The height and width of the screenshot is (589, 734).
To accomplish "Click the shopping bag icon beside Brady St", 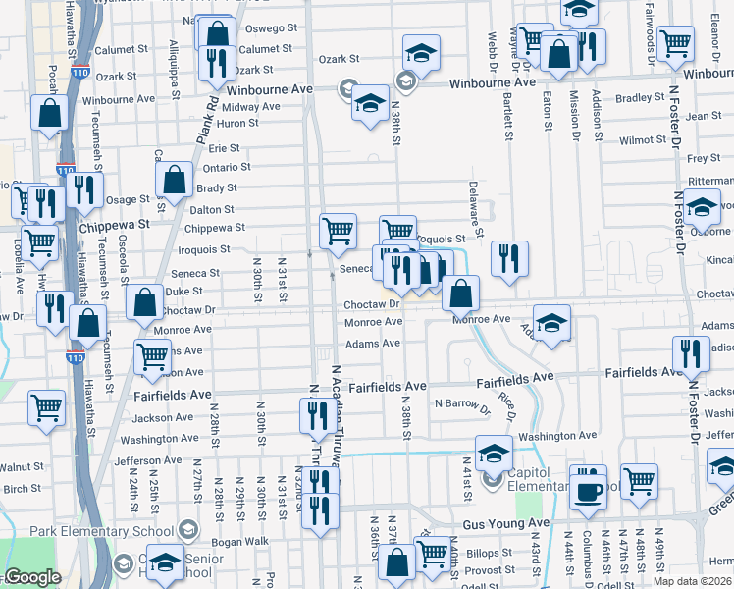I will pyautogui.click(x=174, y=182).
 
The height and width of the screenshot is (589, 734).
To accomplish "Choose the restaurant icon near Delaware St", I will pyautogui.click(x=509, y=260).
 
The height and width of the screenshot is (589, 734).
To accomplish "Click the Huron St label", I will pyautogui.click(x=237, y=123).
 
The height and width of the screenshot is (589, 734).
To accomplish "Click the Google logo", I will pyautogui.click(x=32, y=577).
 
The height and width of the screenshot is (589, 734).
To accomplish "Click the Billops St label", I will pyautogui.click(x=490, y=554).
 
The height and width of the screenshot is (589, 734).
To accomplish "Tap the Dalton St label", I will pyautogui.click(x=212, y=209).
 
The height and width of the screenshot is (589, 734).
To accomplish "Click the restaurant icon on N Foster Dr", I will pyautogui.click(x=690, y=353).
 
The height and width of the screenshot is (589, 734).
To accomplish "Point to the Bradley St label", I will pyautogui.click(x=641, y=97).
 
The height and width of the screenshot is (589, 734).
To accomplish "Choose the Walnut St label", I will pyautogui.click(x=21, y=467).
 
